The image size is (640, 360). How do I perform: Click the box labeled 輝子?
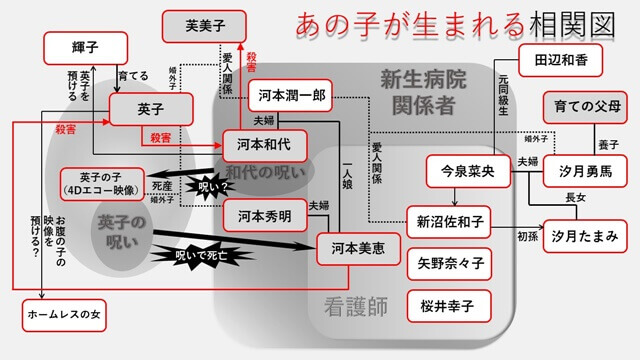pos(86,46)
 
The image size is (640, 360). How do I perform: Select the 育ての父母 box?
pos(588,106)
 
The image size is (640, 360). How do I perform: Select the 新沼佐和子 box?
pos(449,221)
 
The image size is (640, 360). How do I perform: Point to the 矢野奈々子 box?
pos(449,264)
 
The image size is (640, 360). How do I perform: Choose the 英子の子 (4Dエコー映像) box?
pos(101,181)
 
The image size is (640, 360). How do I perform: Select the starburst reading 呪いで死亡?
pos(211,256)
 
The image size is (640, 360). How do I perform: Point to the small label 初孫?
pos(528,238)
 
